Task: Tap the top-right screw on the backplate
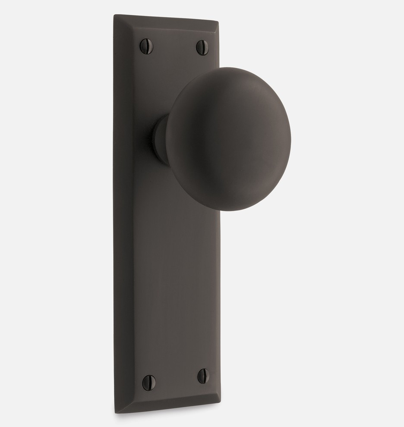pyautogui.click(x=202, y=47)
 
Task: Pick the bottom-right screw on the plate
pyautogui.click(x=204, y=376)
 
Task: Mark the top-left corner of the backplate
pyautogui.click(x=114, y=16)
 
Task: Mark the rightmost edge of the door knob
pyautogui.click(x=290, y=138)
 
